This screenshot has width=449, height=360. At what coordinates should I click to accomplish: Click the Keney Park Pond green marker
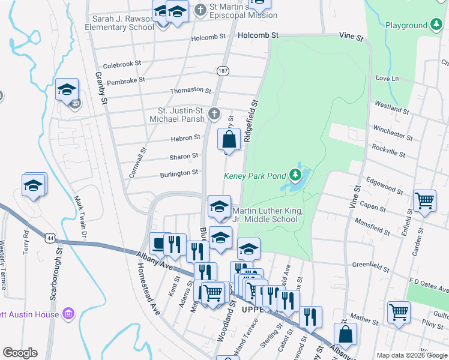(x=295, y=175)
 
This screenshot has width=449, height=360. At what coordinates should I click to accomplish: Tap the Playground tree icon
(x=436, y=25)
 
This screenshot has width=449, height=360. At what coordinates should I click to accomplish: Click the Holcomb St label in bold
(x=258, y=35)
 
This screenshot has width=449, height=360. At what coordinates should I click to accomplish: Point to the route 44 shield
(x=47, y=238)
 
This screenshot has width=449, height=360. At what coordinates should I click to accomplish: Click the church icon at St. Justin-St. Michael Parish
(x=214, y=113)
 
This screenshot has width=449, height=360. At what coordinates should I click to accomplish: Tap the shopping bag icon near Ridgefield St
(x=229, y=140)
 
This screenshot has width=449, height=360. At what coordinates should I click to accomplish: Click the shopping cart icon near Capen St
(x=424, y=200)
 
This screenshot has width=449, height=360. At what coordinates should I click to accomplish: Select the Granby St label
(x=100, y=89)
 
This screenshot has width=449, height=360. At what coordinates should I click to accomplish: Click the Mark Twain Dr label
(x=81, y=213)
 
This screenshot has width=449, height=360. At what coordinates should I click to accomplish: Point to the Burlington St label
(x=179, y=173)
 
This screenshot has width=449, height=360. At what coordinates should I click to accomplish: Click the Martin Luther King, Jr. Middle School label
(x=265, y=215)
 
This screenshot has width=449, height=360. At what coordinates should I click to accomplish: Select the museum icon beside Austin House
(x=68, y=314)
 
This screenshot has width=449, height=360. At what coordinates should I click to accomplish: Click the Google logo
(x=20, y=353)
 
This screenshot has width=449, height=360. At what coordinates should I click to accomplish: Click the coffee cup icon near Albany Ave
(x=158, y=243)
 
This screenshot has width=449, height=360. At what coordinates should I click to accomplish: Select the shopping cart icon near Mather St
(x=399, y=312)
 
